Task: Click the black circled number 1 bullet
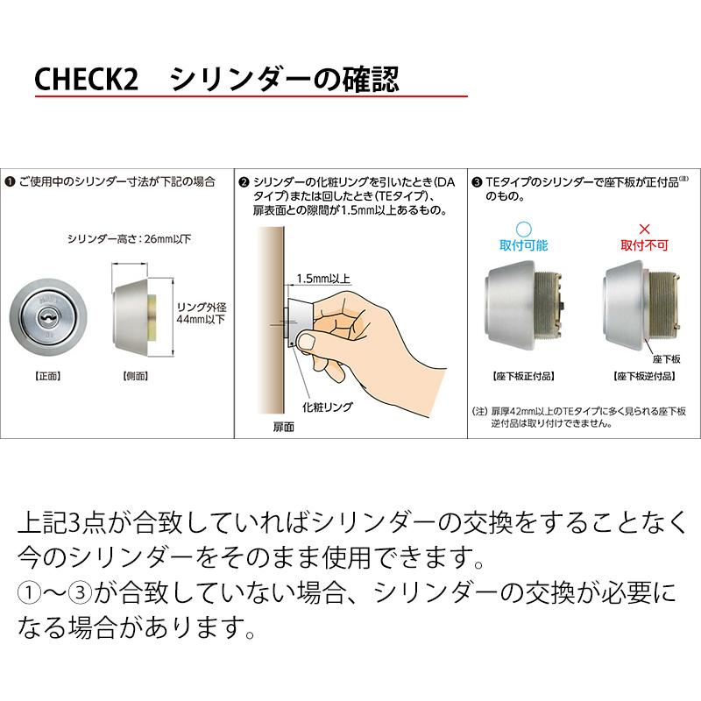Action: click(x=9, y=181)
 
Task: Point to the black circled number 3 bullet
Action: click(x=477, y=181)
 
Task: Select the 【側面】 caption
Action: click(x=131, y=377)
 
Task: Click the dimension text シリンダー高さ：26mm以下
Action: click(x=130, y=237)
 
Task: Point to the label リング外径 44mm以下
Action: click(x=201, y=313)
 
